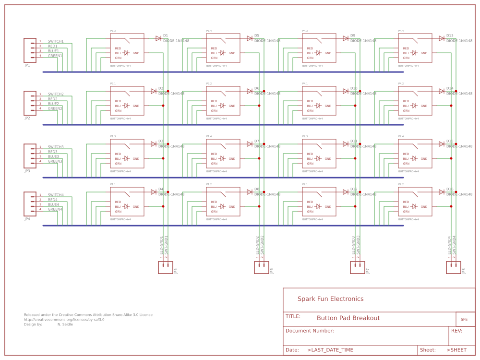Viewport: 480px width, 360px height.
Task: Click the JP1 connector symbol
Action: tap(30, 50)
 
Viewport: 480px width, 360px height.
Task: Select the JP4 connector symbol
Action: tap(30, 204)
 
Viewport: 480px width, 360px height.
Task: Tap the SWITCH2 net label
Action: tap(56, 94)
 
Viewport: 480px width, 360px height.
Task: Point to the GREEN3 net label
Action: tap(55, 161)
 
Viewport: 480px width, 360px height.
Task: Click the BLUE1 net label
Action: tap(53, 51)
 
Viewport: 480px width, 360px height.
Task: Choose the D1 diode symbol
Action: tap(158, 38)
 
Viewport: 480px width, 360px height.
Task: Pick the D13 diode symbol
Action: tap(442, 38)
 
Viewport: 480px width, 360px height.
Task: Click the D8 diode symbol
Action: tap(250, 192)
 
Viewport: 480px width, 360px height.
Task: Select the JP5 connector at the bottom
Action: tap(166, 268)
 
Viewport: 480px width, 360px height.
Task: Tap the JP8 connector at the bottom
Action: tap(454, 268)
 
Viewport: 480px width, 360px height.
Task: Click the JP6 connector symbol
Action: tap(262, 268)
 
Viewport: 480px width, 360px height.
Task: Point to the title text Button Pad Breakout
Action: tap(348, 318)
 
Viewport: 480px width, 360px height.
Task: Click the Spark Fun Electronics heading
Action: tap(330, 299)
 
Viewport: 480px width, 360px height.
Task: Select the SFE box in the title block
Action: tap(464, 319)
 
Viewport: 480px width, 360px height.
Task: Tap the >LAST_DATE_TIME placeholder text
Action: tap(330, 350)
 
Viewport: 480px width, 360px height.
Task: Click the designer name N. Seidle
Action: tap(65, 324)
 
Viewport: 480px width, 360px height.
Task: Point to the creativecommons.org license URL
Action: tap(64, 320)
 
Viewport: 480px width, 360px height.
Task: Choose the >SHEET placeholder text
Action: tap(456, 350)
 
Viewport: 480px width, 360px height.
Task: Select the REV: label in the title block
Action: tap(456, 331)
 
